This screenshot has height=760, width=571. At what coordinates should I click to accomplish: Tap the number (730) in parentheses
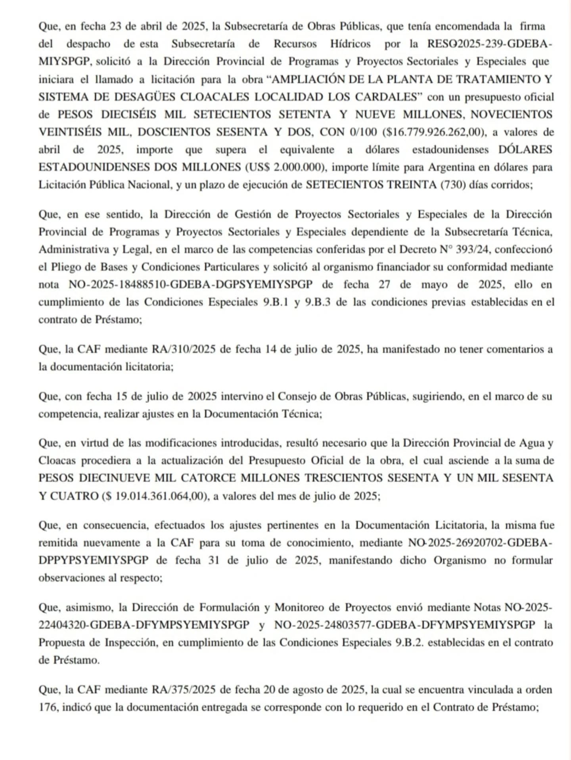click(x=453, y=185)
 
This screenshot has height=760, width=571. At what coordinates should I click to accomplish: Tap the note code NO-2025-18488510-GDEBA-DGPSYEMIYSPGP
click(x=191, y=284)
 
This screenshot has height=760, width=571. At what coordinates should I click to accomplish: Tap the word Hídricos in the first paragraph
click(x=350, y=44)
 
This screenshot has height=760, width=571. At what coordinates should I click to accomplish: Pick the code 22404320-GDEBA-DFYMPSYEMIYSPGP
click(x=144, y=625)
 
